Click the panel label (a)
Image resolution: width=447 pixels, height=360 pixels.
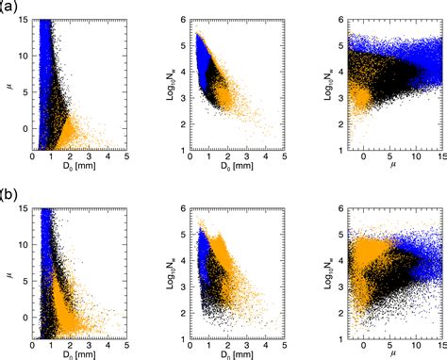(x=10, y=7)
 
